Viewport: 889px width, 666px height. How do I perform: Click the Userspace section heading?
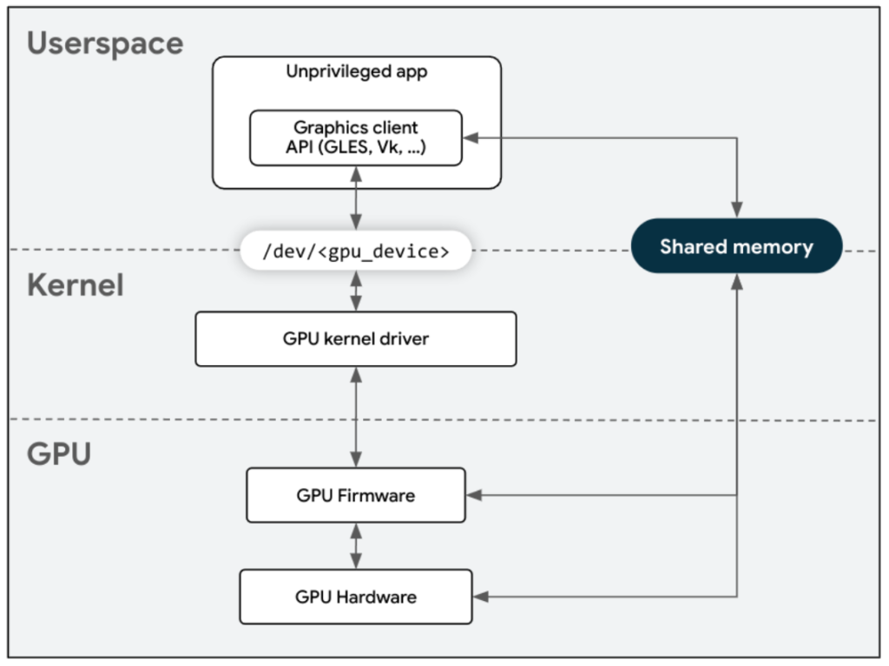click(x=105, y=43)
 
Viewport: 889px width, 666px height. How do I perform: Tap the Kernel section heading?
click(x=75, y=285)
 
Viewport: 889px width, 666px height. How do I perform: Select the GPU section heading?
click(x=59, y=453)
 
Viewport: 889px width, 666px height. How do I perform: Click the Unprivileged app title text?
click(x=356, y=72)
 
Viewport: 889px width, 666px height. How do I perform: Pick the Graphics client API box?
click(x=356, y=138)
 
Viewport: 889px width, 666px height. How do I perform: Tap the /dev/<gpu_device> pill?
click(x=356, y=252)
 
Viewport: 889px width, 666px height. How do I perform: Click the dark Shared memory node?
click(x=736, y=246)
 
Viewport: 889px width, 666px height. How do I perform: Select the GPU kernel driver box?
click(x=356, y=339)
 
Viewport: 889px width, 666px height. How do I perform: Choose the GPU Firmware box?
click(x=356, y=496)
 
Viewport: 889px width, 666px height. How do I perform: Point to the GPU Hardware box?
click(x=356, y=597)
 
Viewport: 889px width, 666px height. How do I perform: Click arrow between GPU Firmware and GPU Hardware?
click(x=356, y=545)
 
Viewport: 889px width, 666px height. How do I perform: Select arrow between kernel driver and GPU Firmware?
click(x=356, y=417)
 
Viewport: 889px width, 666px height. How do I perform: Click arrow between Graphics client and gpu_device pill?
click(x=356, y=199)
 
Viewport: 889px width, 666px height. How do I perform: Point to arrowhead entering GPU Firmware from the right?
click(x=473, y=496)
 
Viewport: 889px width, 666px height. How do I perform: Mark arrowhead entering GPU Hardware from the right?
click(x=480, y=597)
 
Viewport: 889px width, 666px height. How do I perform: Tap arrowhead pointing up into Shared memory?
click(x=736, y=280)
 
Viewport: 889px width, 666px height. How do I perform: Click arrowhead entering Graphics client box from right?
click(x=470, y=137)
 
